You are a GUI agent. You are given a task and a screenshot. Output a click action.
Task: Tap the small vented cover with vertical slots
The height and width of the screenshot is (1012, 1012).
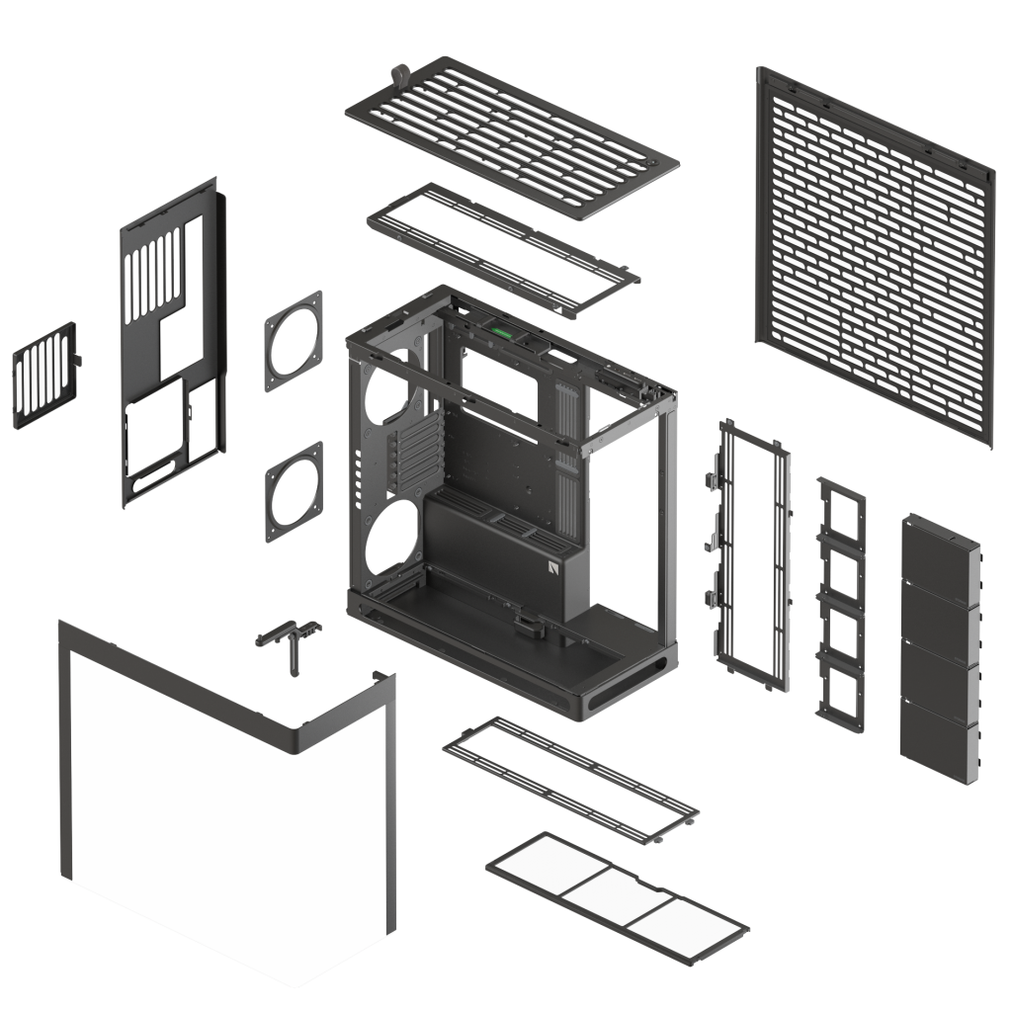[44, 377]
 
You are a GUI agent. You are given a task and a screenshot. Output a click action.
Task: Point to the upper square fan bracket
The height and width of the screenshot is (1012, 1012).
[294, 340]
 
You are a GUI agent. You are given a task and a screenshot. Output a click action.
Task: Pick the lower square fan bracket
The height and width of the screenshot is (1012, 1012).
[294, 491]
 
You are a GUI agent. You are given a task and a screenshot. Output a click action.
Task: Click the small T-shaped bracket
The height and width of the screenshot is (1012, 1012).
[291, 638]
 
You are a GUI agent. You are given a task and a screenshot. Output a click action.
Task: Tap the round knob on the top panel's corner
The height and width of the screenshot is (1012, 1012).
[401, 73]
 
